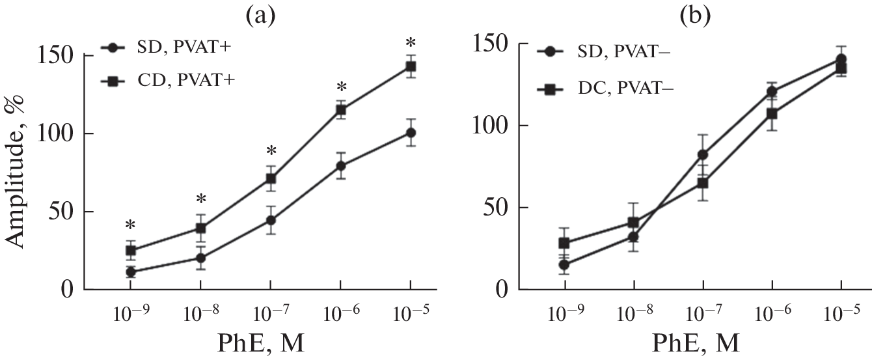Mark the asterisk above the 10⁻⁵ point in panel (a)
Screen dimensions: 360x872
click(410, 44)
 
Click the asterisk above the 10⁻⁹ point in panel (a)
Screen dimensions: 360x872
click(130, 226)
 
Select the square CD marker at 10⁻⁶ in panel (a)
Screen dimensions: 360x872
click(340, 110)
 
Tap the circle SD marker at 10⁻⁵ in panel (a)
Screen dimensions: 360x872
click(411, 133)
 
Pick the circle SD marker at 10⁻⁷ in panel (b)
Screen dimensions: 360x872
click(703, 155)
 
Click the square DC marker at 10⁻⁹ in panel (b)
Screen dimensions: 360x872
click(564, 243)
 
